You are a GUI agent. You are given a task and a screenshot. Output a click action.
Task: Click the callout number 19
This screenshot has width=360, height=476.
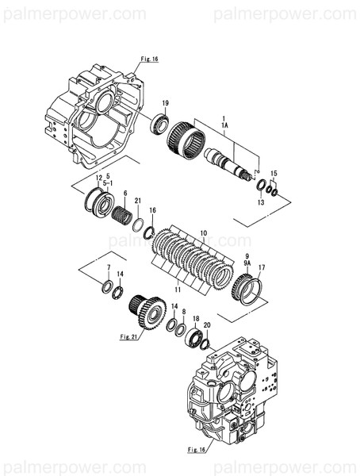pos(166,104)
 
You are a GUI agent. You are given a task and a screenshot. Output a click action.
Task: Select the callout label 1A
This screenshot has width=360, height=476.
pos(224,125)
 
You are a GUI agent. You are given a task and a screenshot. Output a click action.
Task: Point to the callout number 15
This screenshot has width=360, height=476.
pos(274,174)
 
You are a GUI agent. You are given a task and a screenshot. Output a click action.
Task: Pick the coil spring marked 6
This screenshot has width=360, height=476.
pos(124,215)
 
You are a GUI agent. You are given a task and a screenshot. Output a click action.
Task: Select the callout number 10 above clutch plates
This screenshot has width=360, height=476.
pos(202,233)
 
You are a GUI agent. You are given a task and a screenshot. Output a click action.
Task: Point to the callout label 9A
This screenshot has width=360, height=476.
pos(247,261)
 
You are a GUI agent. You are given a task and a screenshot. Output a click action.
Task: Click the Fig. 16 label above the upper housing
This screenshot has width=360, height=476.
pos(149,59)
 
